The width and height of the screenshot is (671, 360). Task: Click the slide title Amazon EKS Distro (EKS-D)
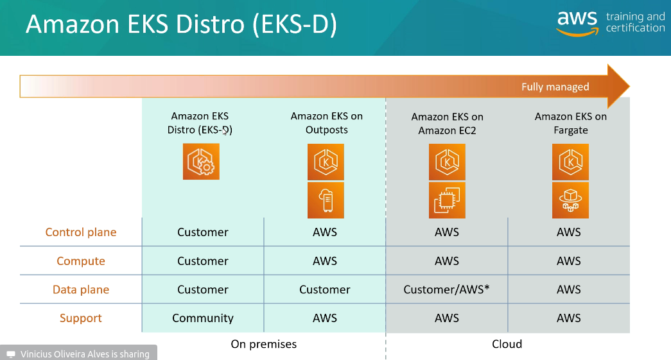pos(181,26)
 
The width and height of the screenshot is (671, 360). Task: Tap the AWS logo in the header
pos(577,23)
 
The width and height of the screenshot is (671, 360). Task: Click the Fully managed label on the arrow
pos(555,87)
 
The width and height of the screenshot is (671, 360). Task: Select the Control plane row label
pos(81,232)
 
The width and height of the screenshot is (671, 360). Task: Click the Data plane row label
pos(81,289)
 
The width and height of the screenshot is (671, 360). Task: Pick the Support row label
pos(81,318)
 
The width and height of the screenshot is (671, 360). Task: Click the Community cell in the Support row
pos(203,318)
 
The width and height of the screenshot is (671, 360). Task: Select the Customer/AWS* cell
pos(446,289)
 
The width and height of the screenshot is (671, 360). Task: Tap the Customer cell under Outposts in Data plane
pos(325,289)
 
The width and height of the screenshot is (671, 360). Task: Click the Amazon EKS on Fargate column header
pos(571,123)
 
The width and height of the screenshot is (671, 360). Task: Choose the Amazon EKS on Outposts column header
pos(327,123)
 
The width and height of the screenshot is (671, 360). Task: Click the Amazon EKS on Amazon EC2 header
pos(448,124)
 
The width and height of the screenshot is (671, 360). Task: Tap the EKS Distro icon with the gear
pos(201,161)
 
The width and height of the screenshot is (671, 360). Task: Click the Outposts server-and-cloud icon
pos(326,200)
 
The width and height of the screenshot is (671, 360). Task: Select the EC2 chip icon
pos(447,200)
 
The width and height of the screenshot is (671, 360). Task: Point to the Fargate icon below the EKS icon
pos(570,200)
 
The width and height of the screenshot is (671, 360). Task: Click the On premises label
pos(264,344)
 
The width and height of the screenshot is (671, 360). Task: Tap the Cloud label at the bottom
pos(507,344)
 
